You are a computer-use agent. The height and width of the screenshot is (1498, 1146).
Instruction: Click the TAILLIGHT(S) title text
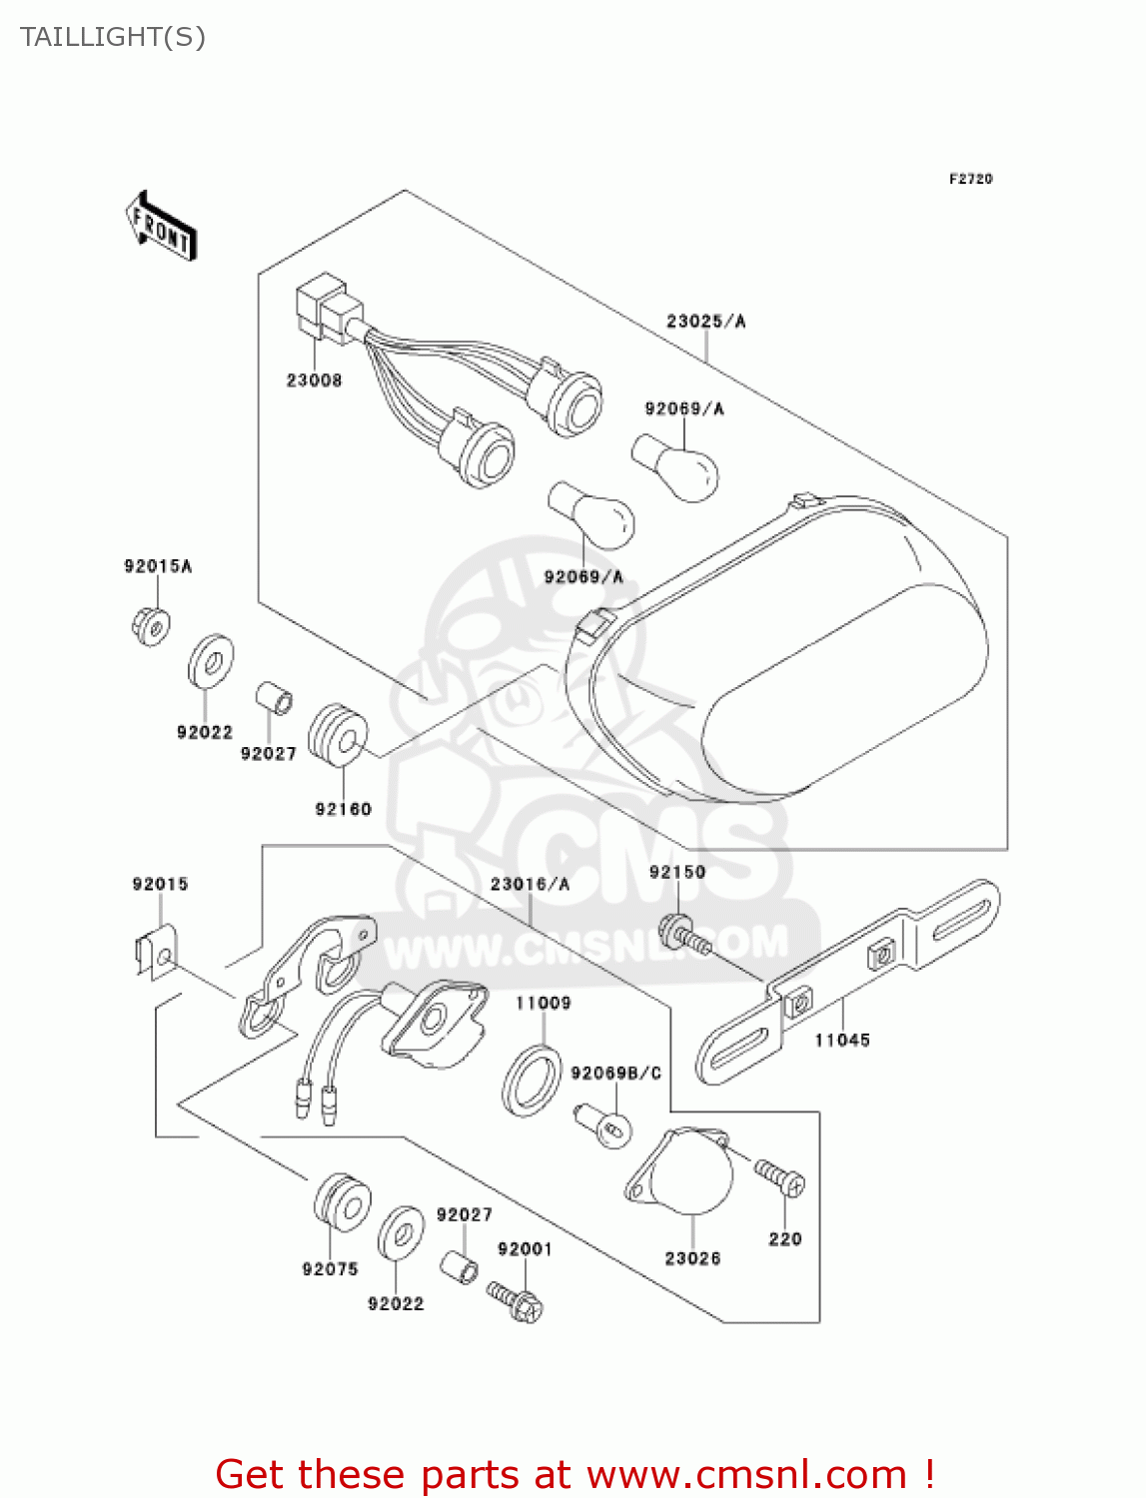coord(113,37)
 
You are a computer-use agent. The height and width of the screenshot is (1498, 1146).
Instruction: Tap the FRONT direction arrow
coord(161,228)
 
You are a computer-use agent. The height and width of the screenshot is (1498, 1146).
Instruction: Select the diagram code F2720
coord(970,179)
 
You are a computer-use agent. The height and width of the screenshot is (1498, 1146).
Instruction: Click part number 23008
coord(314,380)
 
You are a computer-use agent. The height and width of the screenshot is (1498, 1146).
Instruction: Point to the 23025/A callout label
coord(705,322)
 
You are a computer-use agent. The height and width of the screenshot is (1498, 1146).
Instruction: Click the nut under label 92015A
coord(150,626)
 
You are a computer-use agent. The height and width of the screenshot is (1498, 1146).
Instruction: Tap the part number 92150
coord(677,872)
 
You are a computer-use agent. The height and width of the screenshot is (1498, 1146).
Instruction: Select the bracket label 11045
coord(841,1041)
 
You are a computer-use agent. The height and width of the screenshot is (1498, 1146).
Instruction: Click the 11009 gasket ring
coord(530,1080)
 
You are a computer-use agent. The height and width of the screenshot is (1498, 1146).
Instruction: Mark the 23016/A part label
coord(530,885)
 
